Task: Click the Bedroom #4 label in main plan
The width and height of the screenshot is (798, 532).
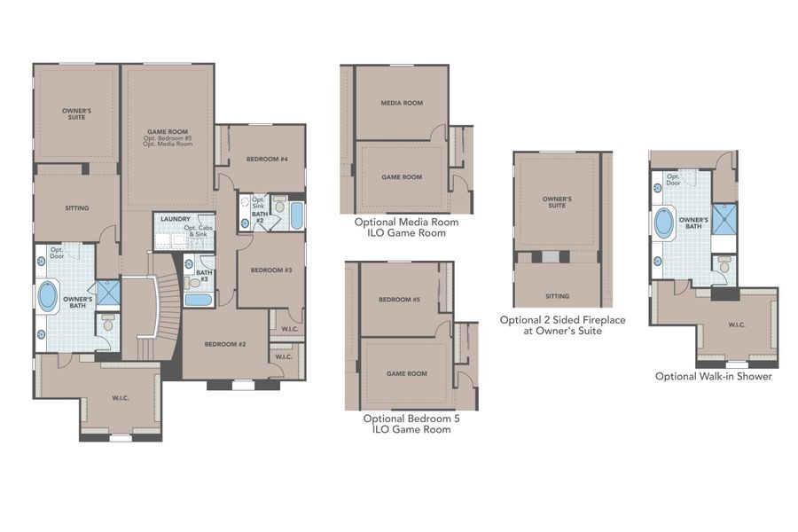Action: (x=264, y=160)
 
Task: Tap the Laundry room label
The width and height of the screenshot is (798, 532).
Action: (x=176, y=217)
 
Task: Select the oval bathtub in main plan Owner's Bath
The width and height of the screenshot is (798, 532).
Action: (x=46, y=296)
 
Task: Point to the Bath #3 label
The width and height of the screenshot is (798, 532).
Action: (x=204, y=275)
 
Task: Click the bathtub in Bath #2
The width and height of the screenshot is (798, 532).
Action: (x=296, y=215)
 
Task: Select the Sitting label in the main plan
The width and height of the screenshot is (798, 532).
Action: (x=77, y=208)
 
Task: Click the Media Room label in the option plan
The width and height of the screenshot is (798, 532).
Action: (x=402, y=103)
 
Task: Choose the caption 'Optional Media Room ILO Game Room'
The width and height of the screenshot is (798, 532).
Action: (x=407, y=228)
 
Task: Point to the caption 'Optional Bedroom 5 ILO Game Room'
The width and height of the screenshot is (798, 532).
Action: (x=406, y=423)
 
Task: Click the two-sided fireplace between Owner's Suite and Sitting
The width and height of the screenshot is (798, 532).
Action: (x=551, y=257)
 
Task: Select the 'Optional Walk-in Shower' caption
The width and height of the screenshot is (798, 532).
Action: (x=713, y=376)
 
